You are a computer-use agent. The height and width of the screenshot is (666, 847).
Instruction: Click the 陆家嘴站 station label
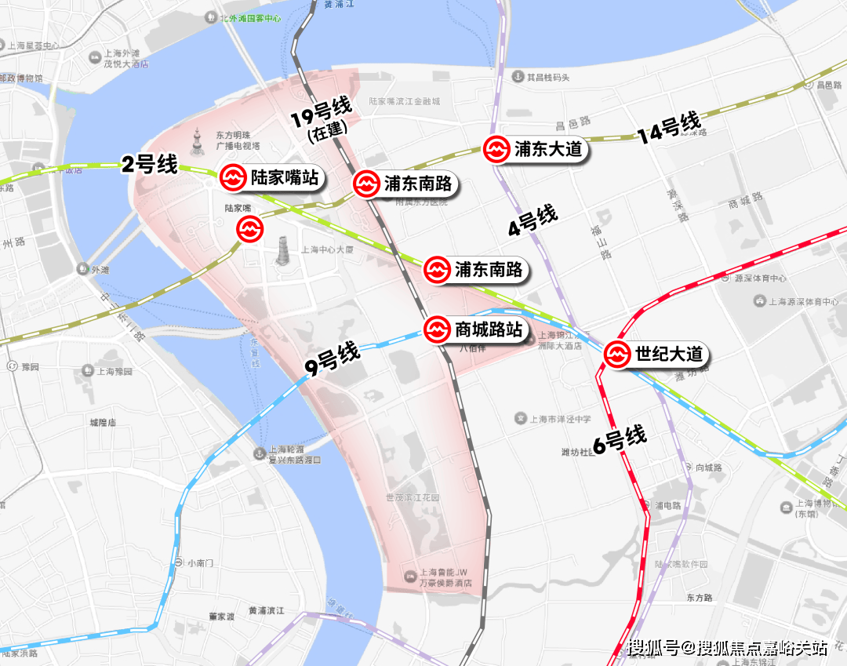pyautogui.click(x=284, y=178)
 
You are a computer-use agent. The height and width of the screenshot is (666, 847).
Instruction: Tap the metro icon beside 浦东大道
pyautogui.click(x=496, y=150)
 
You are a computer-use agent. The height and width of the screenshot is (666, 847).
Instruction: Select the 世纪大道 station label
pyautogui.click(x=668, y=355)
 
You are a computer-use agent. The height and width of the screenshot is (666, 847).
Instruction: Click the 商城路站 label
pyautogui.click(x=488, y=329)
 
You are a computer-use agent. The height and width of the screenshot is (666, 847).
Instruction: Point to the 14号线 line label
pyautogui.click(x=669, y=127)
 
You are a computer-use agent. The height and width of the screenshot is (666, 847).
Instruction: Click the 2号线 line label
pyautogui.click(x=149, y=165)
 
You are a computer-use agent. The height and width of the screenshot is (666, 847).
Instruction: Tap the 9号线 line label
pyautogui.click(x=333, y=360)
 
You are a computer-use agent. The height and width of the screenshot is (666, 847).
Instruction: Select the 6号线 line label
pyautogui.click(x=620, y=440)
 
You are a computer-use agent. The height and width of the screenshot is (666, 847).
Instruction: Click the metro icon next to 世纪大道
pyautogui.click(x=617, y=355)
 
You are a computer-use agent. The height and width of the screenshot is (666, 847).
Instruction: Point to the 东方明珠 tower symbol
pyautogui.click(x=198, y=141)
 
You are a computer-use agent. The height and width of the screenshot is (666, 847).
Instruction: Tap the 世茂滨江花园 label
pyautogui.click(x=413, y=498)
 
